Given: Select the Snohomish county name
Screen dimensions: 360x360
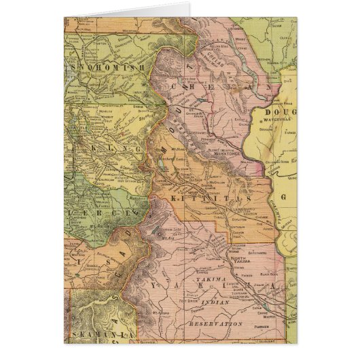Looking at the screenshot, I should click(108, 69).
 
